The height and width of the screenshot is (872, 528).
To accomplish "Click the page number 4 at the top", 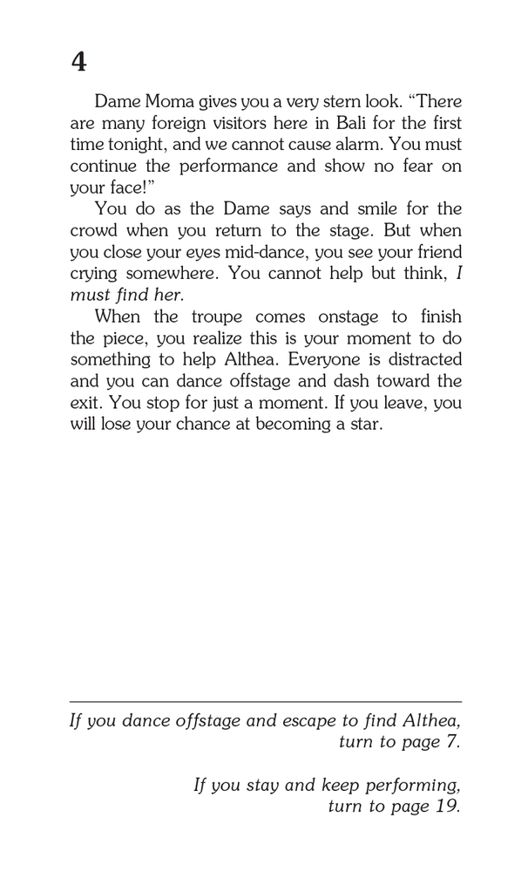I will pyautogui.click(x=78, y=63).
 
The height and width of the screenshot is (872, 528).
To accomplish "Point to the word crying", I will pyautogui.click(x=94, y=273).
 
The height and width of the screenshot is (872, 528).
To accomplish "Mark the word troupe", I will pyautogui.click(x=223, y=317).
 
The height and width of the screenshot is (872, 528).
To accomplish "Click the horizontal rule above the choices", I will pyautogui.click(x=265, y=701).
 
